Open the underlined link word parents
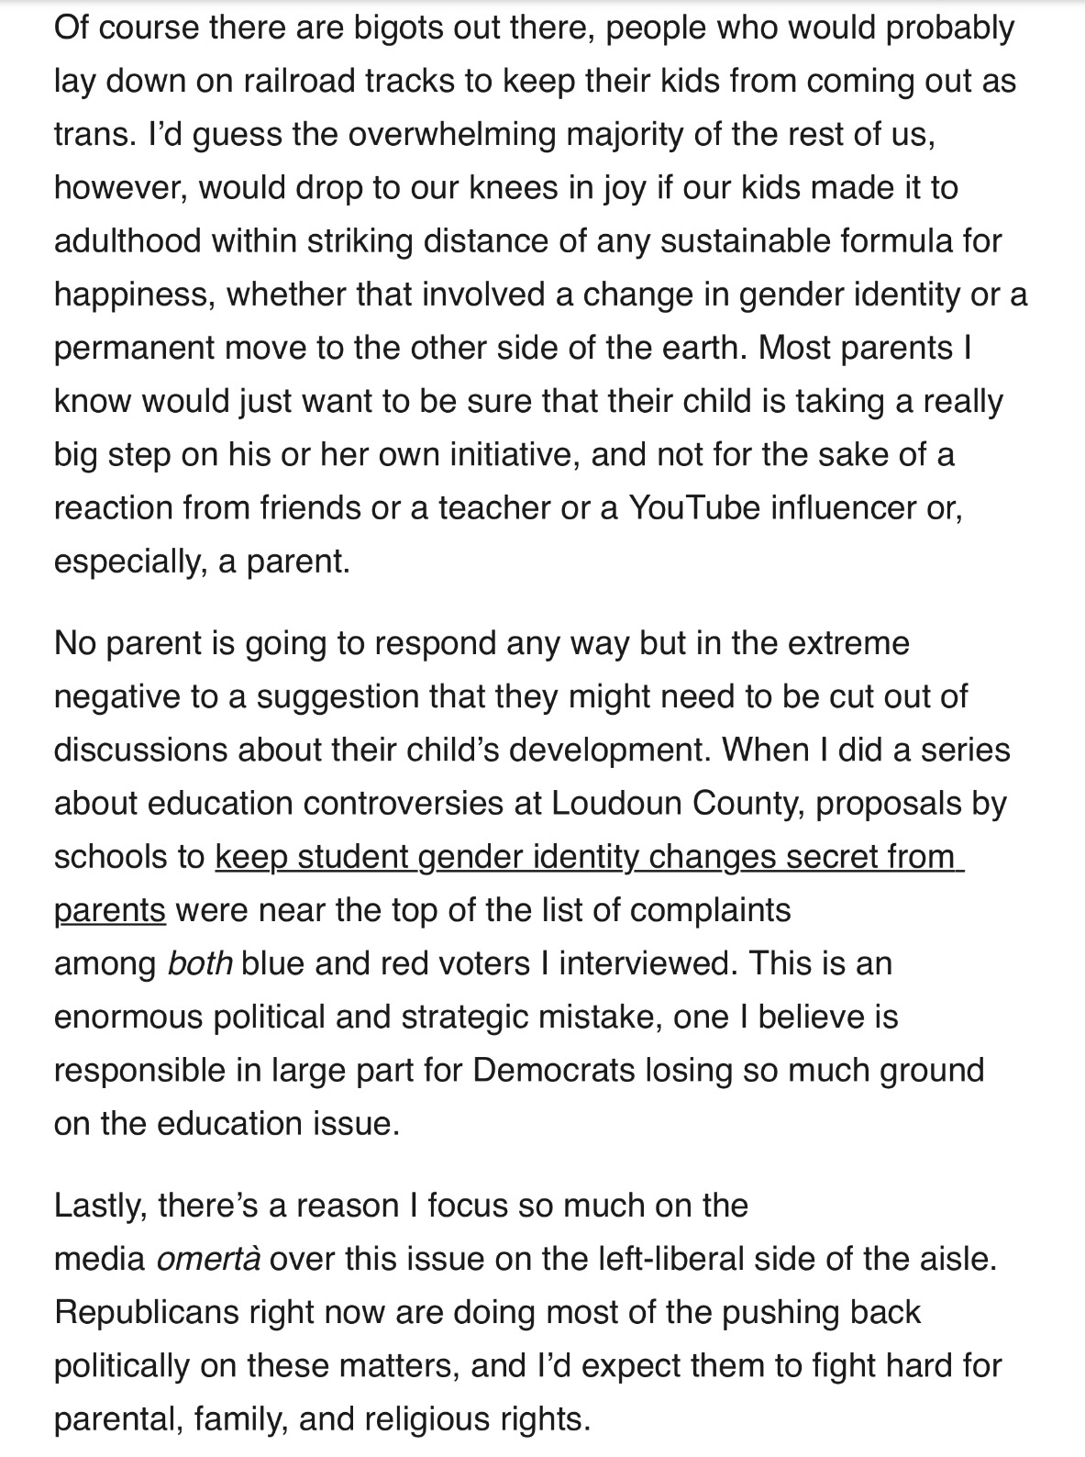(x=110, y=909)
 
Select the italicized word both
(x=200, y=962)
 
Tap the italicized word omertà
(x=208, y=1258)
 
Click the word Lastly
(x=100, y=1205)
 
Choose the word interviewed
(x=647, y=962)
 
